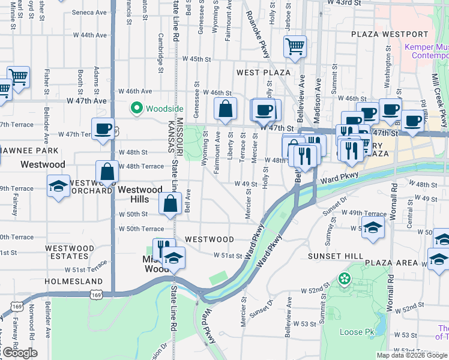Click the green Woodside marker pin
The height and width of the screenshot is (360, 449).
pos(136,109)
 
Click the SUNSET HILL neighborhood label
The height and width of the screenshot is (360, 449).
pos(335,256)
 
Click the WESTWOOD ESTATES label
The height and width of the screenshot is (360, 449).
pos(70,252)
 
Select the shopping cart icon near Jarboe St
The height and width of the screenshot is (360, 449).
pos(295,46)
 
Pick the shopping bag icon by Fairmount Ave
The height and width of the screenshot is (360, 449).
pos(225,109)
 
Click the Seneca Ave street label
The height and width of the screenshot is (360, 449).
pos(89,12)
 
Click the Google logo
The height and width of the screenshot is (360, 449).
pos(19,353)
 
